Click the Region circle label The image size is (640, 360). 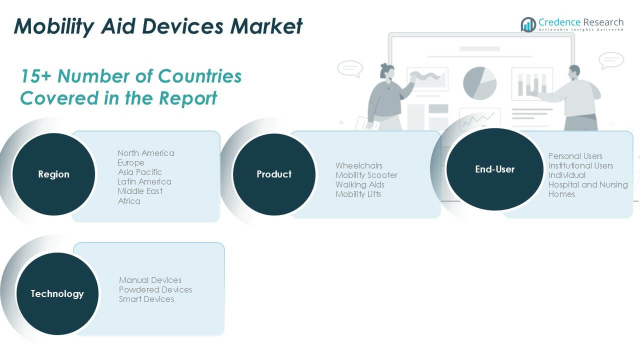(x=53, y=174)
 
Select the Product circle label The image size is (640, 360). (x=274, y=174)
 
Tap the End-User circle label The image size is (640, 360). (x=494, y=169)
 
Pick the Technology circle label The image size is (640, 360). (x=57, y=294)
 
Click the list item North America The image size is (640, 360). (x=146, y=153)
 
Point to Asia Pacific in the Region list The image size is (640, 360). (x=139, y=172)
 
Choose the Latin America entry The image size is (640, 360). (x=144, y=181)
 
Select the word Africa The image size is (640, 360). (x=129, y=201)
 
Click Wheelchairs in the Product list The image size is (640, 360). (x=359, y=165)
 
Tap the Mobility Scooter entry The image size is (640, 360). (x=366, y=175)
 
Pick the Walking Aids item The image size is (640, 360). (x=360, y=184)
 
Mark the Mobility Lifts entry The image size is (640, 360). (x=358, y=194)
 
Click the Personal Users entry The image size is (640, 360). (x=575, y=156)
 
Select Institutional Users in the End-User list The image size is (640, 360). (x=580, y=165)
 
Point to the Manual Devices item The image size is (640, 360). (x=150, y=280)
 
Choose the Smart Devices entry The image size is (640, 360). (x=146, y=299)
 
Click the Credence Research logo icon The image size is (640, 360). (x=528, y=24)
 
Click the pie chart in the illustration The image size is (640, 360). (x=479, y=82)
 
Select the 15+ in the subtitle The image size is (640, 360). (x=36, y=76)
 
